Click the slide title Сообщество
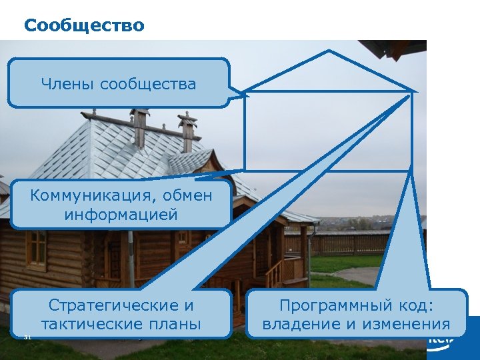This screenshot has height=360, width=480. click(x=83, y=25)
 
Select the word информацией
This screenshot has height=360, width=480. click(x=121, y=215)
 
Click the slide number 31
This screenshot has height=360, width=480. click(x=27, y=337)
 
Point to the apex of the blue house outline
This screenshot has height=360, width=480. click(x=327, y=51)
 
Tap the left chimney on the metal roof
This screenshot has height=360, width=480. click(x=139, y=127)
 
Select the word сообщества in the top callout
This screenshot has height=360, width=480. click(x=147, y=84)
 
